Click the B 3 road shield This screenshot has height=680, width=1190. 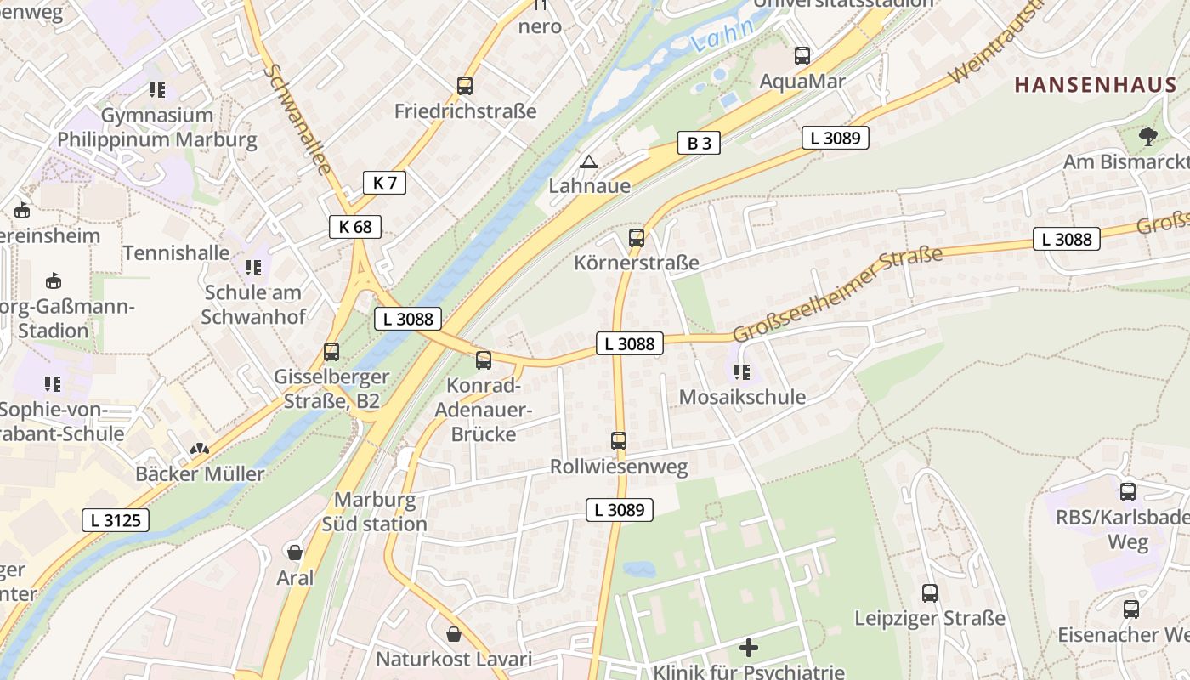(699, 143)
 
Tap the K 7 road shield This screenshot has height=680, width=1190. (384, 182)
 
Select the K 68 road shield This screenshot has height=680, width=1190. (355, 226)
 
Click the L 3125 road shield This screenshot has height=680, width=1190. (116, 520)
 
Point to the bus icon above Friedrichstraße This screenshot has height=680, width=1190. (464, 85)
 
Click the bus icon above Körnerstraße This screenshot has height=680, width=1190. (636, 238)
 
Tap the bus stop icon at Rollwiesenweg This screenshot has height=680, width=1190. (619, 441)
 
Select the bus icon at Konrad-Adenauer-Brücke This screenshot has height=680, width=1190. (483, 360)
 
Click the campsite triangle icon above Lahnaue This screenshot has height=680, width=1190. (588, 161)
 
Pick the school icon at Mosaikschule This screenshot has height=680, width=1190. (741, 371)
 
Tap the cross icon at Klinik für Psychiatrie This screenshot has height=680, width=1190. (748, 649)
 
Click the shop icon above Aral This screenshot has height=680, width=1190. (295, 552)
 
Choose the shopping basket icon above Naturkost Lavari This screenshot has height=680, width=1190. (454, 634)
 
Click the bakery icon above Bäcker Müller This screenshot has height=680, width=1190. (199, 449)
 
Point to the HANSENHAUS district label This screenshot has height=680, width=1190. (1096, 85)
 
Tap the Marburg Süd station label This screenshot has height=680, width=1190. (375, 512)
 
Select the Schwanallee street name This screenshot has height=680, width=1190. (297, 119)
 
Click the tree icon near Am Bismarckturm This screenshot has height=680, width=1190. (1147, 136)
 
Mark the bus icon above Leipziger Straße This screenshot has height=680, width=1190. (930, 593)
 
